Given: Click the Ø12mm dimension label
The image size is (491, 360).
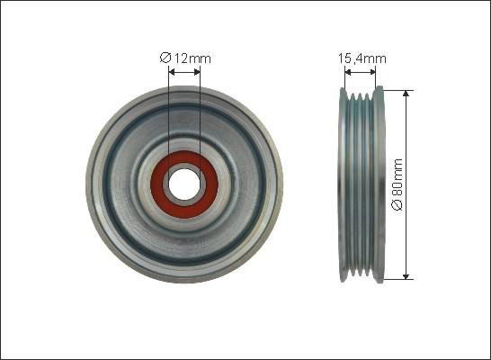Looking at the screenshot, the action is [185, 58].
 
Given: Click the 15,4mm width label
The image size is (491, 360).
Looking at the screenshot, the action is [362, 58].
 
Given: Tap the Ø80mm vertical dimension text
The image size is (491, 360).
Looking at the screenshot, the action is [397, 184].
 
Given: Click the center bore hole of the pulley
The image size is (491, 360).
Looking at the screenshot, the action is [184, 184].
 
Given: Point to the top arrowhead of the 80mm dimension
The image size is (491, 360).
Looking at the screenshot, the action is [406, 94].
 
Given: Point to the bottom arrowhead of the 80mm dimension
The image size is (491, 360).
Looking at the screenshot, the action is [406, 275].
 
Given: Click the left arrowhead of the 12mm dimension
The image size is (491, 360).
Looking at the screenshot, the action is [172, 72].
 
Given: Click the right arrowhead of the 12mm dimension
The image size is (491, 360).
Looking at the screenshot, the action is [197, 72].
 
